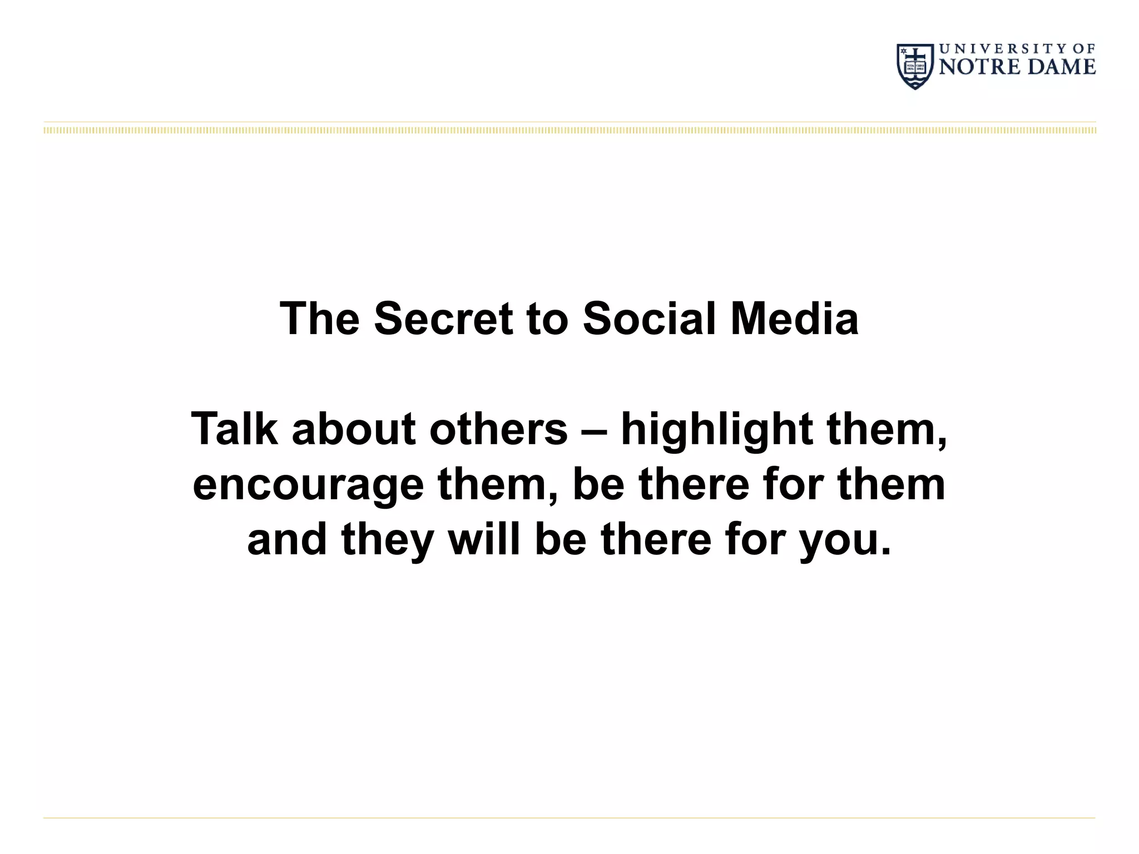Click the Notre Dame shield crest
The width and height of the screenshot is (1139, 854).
(x=915, y=66)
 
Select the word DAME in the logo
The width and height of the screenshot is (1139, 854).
(x=1061, y=67)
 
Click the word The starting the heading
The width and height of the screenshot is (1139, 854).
(x=319, y=319)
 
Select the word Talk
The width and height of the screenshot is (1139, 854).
(x=234, y=429)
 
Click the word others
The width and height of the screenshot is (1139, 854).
(x=498, y=429)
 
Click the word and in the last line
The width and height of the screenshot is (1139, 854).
(x=287, y=539)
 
